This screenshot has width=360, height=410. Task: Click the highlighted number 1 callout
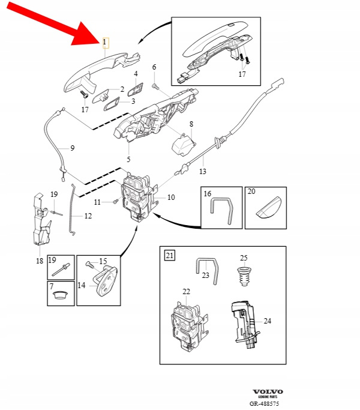click(x=105, y=43)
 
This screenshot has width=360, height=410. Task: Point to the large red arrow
click(x=58, y=23)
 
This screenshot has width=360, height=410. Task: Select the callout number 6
click(x=154, y=67)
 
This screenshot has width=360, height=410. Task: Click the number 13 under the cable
click(x=202, y=172)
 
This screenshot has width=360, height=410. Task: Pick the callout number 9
click(x=73, y=148)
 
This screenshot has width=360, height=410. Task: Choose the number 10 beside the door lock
click(x=171, y=197)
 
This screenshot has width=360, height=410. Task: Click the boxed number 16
click(x=208, y=193)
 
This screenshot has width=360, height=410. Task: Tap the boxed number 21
click(x=170, y=256)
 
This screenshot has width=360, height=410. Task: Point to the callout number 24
click(x=268, y=321)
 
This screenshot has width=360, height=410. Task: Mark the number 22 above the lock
click(x=186, y=292)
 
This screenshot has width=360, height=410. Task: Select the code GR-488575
click(x=265, y=404)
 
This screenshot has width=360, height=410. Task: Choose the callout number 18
click(x=40, y=261)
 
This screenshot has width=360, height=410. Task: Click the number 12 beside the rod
click(x=88, y=216)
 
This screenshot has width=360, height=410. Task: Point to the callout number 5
click(x=128, y=159)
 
